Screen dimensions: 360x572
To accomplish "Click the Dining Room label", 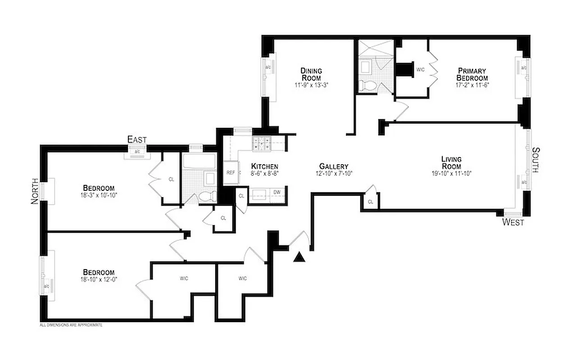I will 311,74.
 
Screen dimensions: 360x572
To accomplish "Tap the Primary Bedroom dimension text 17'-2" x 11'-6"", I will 472,84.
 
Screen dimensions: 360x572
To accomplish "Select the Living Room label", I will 451,162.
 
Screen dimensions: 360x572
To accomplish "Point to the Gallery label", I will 334,166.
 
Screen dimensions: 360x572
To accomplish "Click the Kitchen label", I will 264,166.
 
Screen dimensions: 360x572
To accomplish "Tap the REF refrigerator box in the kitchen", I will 231,172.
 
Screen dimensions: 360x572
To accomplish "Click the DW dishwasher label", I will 277,193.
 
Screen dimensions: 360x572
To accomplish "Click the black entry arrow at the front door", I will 299,257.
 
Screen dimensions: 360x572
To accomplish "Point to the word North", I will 34,193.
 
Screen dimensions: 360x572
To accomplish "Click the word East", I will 137,139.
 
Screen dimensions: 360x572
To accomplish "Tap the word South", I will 536,160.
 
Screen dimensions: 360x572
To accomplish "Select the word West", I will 513,222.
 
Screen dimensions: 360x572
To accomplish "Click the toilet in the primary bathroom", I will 365,85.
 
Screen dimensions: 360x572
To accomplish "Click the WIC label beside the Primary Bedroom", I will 421,70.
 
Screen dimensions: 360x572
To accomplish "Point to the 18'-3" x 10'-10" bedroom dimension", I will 98,195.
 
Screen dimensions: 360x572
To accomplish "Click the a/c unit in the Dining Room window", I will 268,67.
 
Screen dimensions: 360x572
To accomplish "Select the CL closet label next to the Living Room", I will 370,202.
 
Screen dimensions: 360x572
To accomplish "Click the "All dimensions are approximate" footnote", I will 71,324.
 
